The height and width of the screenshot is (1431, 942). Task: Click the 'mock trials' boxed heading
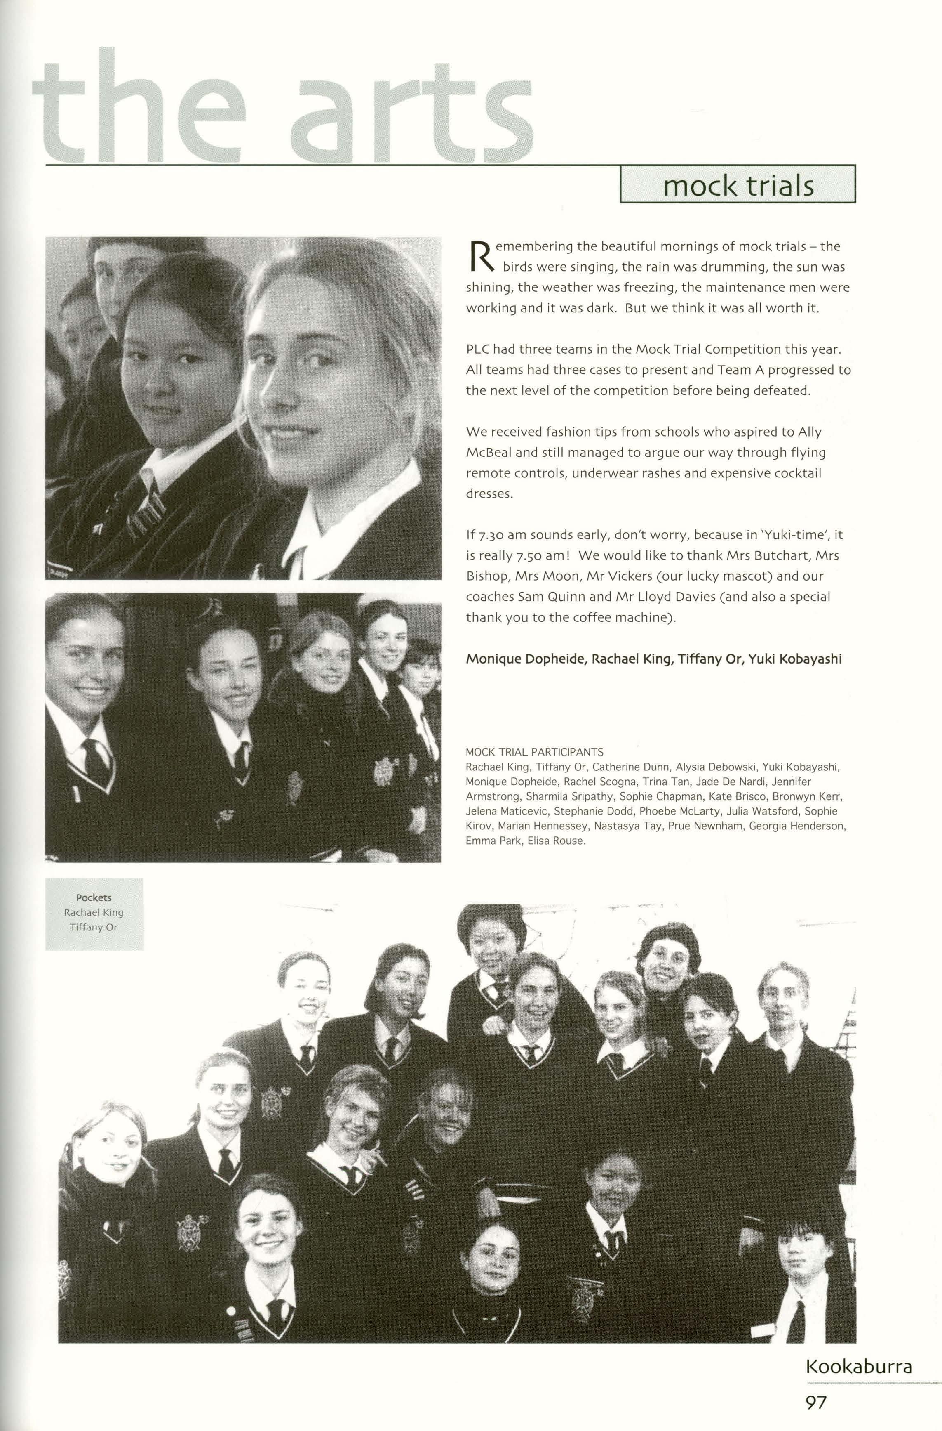pos(738,186)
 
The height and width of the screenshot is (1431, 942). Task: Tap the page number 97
pos(816,1403)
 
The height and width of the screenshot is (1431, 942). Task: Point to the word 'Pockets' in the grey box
pos(94,898)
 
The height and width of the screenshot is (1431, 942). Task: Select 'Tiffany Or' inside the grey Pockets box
pos(94,927)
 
